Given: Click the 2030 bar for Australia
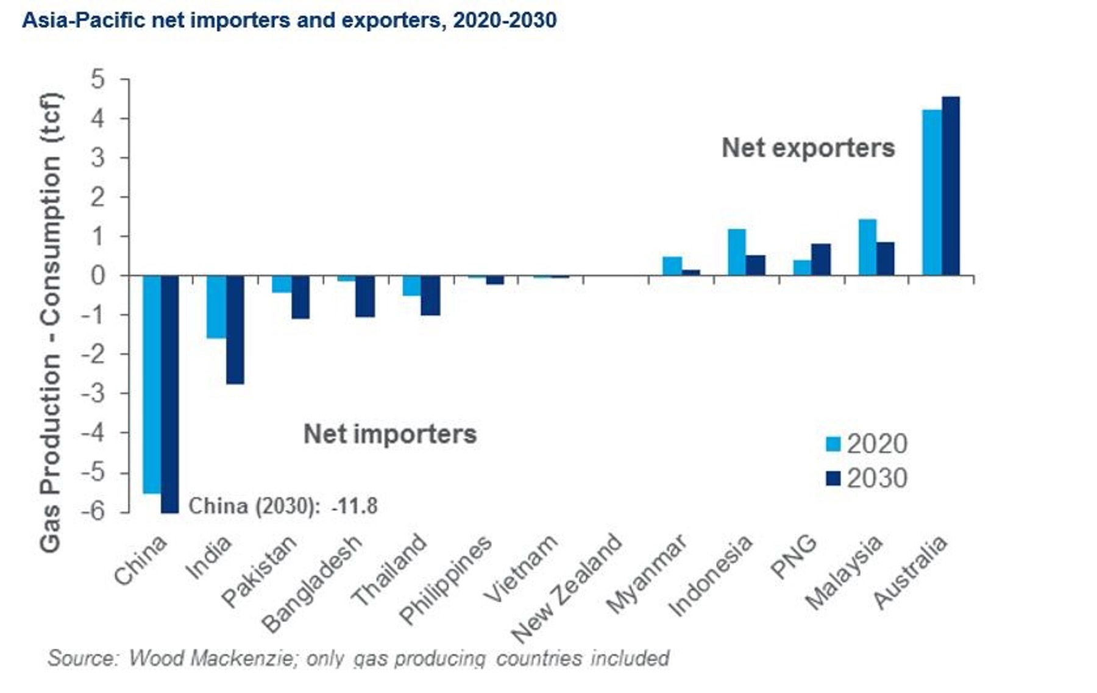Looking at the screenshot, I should click(951, 186).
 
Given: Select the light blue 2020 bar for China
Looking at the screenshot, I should click(152, 384).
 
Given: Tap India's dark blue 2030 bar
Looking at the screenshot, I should click(235, 330).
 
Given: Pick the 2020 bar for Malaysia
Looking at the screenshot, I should click(867, 247).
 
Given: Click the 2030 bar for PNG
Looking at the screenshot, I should click(821, 260).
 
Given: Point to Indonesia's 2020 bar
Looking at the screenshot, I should click(736, 252).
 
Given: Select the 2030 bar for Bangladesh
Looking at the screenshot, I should click(365, 296).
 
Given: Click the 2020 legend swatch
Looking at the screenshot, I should click(833, 444).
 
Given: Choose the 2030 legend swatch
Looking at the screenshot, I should click(833, 478).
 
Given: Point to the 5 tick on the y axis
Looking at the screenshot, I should click(98, 79).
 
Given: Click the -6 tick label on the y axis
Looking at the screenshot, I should click(93, 511).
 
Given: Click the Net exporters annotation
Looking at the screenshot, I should click(808, 148).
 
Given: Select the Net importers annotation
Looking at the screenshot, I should click(390, 435).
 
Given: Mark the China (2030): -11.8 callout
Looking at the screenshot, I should click(283, 506).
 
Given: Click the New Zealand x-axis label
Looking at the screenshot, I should click(567, 588).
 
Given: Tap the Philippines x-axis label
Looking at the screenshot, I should click(446, 580).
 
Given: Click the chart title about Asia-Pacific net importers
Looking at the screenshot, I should click(289, 20).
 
